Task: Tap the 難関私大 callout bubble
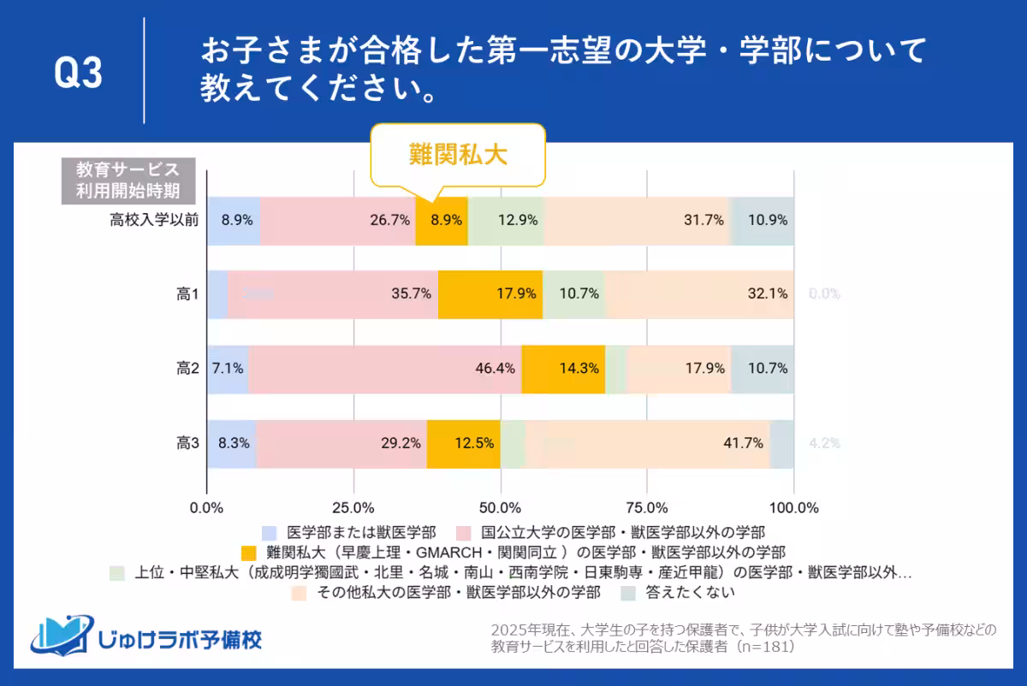click(x=457, y=155)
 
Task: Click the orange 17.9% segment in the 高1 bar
click(x=490, y=294)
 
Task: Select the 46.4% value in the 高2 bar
click(x=497, y=369)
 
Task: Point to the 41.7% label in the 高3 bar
click(x=743, y=443)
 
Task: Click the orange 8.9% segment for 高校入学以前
click(x=442, y=221)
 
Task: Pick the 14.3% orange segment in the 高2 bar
click(x=563, y=369)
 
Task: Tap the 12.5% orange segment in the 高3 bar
click(x=464, y=443)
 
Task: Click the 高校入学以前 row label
click(x=154, y=220)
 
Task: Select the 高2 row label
click(x=187, y=369)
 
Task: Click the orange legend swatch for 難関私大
click(x=250, y=552)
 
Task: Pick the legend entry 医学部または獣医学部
click(x=362, y=531)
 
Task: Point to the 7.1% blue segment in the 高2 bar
click(x=228, y=369)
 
